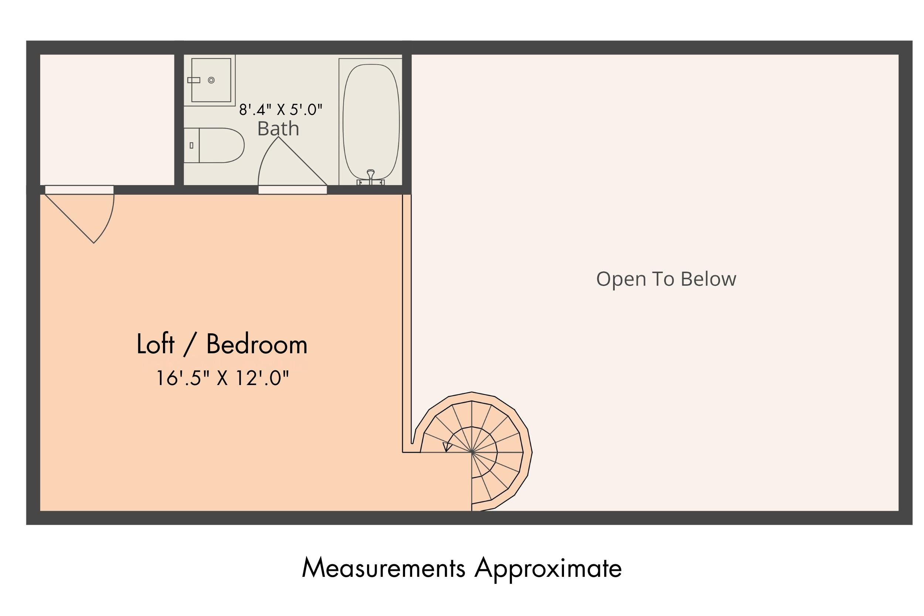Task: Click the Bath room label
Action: click(x=278, y=129)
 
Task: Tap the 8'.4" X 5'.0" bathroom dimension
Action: click(x=281, y=110)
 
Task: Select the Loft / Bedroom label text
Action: click(x=222, y=344)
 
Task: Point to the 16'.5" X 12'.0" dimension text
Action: click(x=223, y=378)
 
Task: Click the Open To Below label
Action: click(x=666, y=279)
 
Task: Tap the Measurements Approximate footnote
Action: click(x=462, y=568)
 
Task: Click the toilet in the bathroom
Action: click(x=214, y=145)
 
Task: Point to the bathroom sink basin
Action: click(x=211, y=80)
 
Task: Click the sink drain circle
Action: click(x=211, y=80)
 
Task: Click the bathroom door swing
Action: click(x=292, y=161)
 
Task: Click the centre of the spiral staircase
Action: click(x=472, y=452)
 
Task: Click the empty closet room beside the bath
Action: click(x=107, y=119)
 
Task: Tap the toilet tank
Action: click(x=191, y=145)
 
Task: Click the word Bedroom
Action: click(x=257, y=344)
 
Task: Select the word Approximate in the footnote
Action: click(x=548, y=568)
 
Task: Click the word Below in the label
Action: click(x=708, y=279)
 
